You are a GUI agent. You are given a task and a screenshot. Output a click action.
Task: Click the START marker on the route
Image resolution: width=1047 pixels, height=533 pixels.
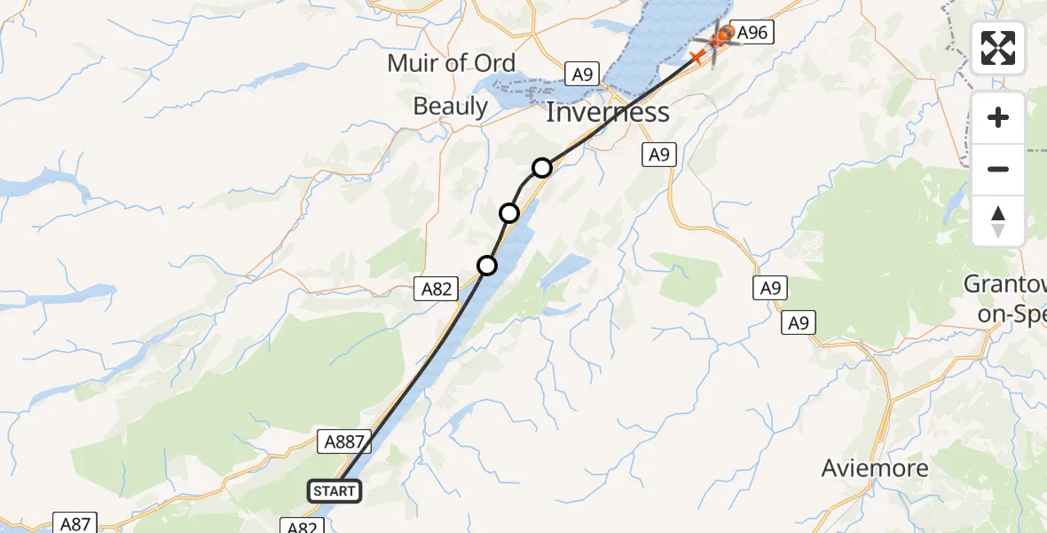point(335,490)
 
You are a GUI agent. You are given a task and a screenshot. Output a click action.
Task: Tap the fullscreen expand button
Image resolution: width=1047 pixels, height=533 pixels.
point(998,48)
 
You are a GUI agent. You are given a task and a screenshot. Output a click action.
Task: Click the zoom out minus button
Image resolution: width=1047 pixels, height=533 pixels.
point(998,169)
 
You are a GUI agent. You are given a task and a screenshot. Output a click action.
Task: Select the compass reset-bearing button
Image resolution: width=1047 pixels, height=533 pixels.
point(998,221)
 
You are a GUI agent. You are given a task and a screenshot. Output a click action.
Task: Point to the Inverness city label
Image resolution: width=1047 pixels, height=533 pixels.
point(607,113)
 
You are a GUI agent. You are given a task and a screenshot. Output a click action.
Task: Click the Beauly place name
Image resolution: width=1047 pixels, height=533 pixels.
point(451,107)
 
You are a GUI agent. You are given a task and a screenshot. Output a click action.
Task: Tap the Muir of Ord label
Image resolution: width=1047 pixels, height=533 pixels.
point(451,63)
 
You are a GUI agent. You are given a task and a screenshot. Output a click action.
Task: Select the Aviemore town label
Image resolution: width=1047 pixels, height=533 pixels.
point(875,468)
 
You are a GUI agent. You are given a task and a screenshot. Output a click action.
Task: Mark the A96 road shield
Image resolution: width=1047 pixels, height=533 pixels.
point(752,34)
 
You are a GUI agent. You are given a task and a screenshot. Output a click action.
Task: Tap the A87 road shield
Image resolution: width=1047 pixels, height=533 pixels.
point(75,523)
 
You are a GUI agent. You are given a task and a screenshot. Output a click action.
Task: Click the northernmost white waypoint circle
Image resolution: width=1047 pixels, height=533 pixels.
point(542,167)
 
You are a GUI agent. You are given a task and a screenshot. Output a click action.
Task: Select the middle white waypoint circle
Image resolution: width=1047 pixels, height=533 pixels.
point(509,213)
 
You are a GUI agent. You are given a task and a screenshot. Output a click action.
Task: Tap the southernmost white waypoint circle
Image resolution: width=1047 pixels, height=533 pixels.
point(487,265)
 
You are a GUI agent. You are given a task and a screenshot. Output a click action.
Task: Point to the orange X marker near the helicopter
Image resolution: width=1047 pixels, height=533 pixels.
point(697,57)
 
